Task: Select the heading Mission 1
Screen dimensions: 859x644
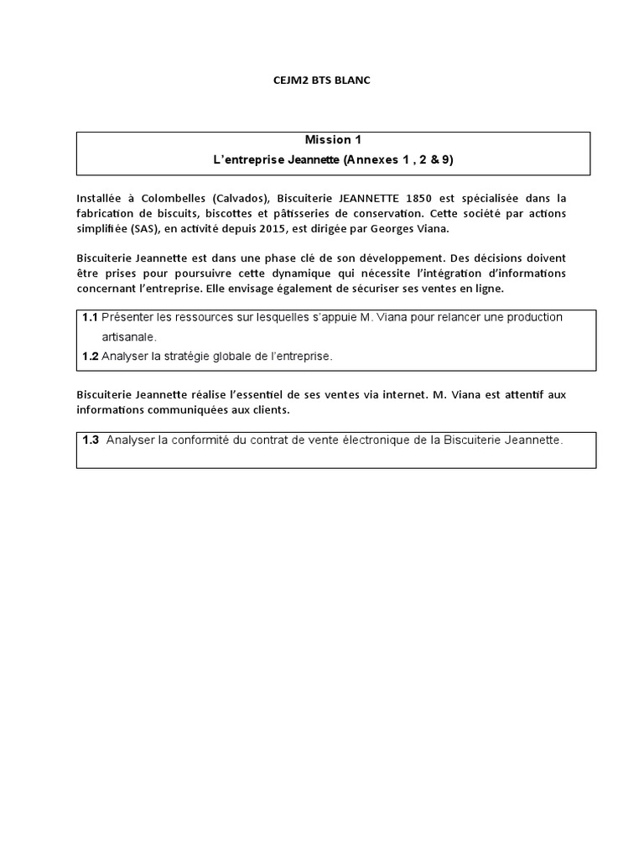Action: click(334, 140)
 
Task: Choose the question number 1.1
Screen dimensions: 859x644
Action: click(91, 318)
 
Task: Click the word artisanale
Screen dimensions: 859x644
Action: click(129, 337)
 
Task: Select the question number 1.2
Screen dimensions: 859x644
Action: click(91, 357)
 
